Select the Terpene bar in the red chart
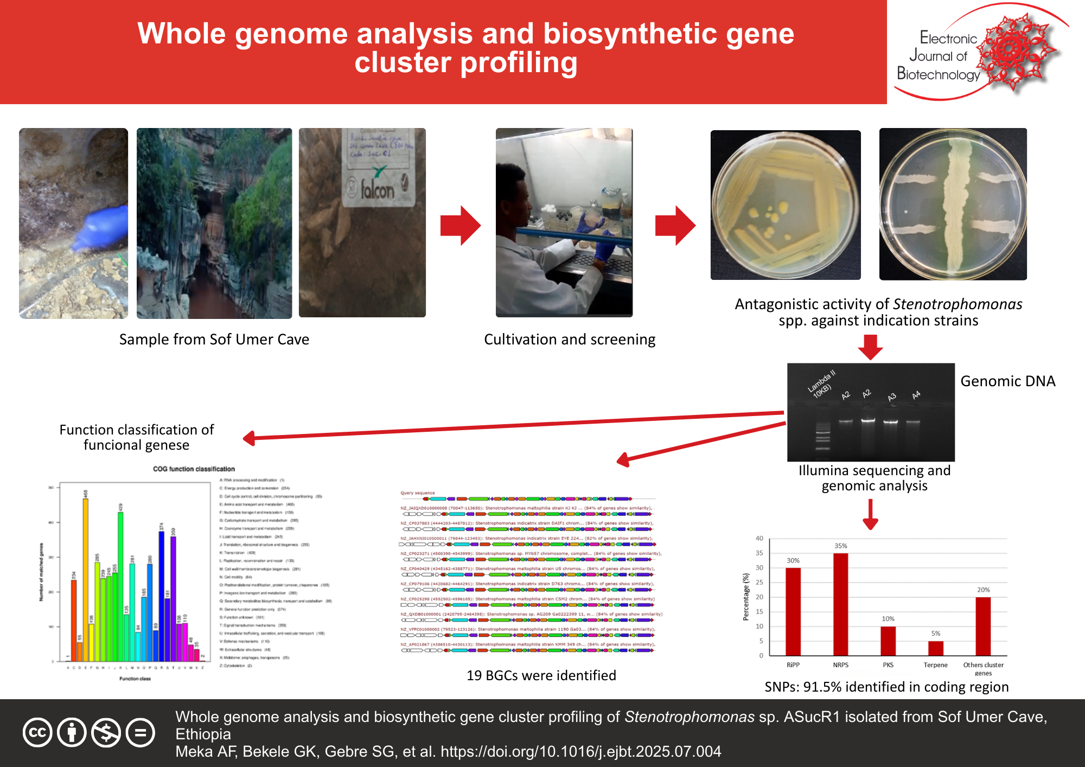pyautogui.click(x=935, y=648)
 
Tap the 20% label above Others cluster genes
pyautogui.click(x=983, y=590)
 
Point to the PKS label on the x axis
pyautogui.click(x=888, y=664)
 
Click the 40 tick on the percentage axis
pyautogui.click(x=759, y=538)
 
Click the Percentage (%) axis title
pyautogui.click(x=745, y=597)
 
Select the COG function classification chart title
pyautogui.click(x=194, y=469)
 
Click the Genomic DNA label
pyautogui.click(x=1007, y=381)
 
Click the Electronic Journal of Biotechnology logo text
pyautogui.click(x=940, y=56)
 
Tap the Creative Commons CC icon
pyautogui.click(x=37, y=732)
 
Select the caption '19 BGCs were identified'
pyautogui.click(x=541, y=675)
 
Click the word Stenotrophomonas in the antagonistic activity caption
pyautogui.click(x=958, y=304)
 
